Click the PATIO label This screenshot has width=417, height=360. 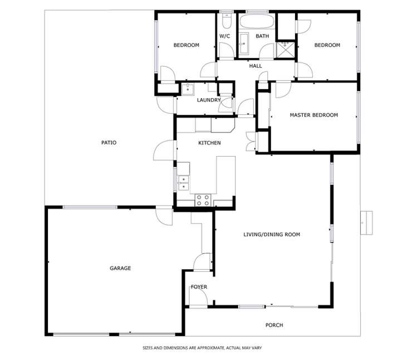click(109, 143)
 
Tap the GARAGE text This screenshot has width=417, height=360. click(120, 268)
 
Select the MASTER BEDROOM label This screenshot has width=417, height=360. click(313, 115)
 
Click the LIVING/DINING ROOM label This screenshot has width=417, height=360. click(272, 235)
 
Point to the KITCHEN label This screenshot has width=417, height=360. click(209, 143)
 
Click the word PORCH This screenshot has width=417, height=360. click(274, 325)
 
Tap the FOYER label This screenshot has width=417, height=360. click(199, 287)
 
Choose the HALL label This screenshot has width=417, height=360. click(256, 66)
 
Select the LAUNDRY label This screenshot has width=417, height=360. click(209, 100)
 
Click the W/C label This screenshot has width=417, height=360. click(224, 36)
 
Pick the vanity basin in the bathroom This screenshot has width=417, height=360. click(244, 42)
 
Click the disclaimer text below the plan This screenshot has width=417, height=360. click(202, 347)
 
